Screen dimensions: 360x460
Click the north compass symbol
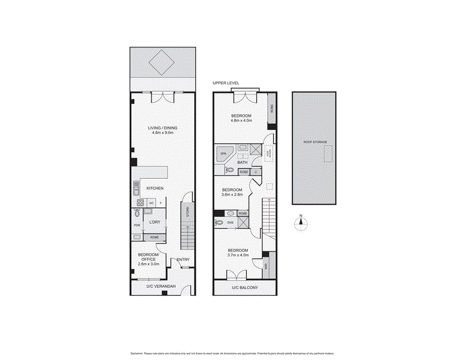coord(301,222)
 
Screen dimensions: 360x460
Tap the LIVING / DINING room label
coord(163,128)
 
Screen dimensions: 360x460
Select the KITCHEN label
coord(155,188)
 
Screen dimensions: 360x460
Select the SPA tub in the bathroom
coord(224,153)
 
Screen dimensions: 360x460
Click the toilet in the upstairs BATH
coord(229,170)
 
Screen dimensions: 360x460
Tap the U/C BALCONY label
coord(245,288)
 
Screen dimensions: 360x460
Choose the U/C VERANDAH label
coord(161,287)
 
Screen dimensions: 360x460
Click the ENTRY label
coord(182,259)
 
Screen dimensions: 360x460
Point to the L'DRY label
coord(155,223)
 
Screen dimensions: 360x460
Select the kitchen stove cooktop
coord(139,202)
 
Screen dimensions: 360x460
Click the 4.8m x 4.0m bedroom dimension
coord(241,120)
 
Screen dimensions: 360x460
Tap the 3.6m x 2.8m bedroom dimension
coord(231,195)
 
